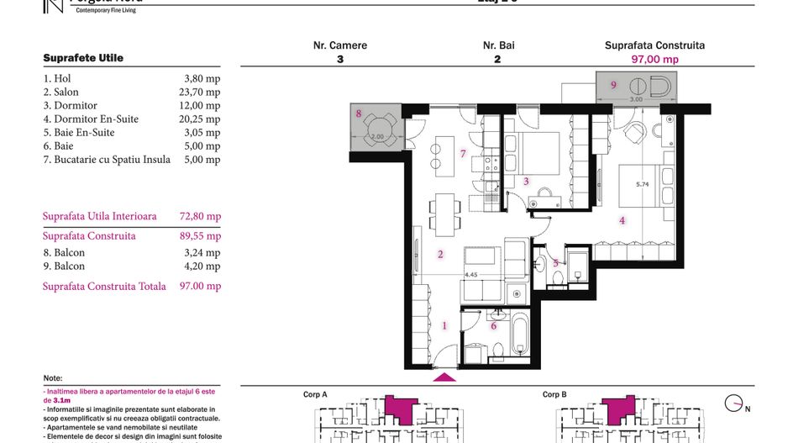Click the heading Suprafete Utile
click(x=83, y=58)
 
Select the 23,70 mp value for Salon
click(x=202, y=92)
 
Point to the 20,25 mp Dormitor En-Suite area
click(x=202, y=119)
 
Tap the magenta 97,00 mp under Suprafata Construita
click(x=654, y=60)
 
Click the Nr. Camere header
click(x=340, y=45)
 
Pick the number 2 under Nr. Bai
click(x=498, y=60)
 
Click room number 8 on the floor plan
click(x=359, y=113)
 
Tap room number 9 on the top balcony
click(x=613, y=84)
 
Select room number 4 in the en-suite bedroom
click(x=622, y=221)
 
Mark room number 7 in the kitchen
click(x=462, y=153)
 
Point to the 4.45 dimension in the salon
click(x=471, y=273)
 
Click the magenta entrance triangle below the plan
click(x=444, y=377)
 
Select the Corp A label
click(x=315, y=394)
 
